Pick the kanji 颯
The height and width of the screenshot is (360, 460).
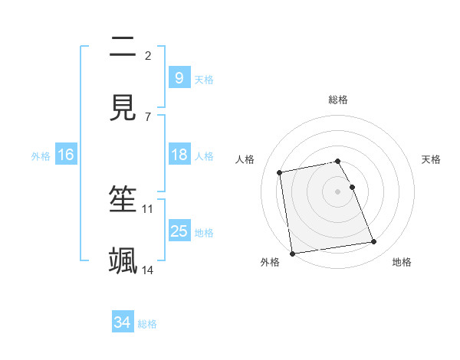pos(123,260)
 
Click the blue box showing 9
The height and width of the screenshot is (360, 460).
pos(179,78)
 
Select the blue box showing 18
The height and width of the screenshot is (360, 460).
pos(179,155)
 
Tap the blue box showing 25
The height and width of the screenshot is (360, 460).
pos(179,231)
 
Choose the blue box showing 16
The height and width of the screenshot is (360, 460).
pos(66,155)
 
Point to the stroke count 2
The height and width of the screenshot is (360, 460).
pos(148,55)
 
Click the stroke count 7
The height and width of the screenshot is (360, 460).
pos(148,116)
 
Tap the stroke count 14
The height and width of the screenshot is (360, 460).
pos(148,270)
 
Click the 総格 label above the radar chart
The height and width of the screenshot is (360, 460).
pos(338,100)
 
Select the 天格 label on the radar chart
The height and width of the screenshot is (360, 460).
pos(431,159)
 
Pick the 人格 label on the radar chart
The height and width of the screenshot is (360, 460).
pos(245,159)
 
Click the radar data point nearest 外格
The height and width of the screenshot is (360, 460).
pos(292,253)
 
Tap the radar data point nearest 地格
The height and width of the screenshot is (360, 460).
pos(373,242)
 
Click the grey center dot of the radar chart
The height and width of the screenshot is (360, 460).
pos(338,191)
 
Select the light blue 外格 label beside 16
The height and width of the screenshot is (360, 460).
pos(41,155)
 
